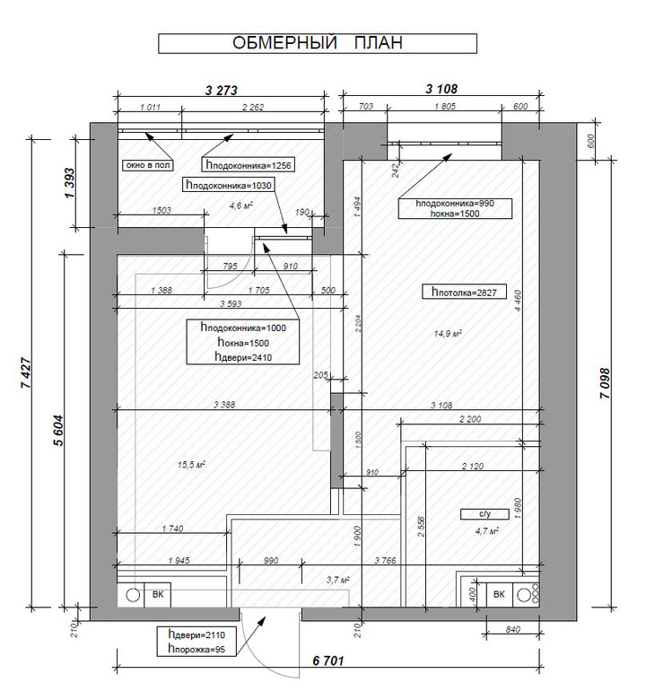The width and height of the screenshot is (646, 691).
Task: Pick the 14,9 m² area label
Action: [x=447, y=333]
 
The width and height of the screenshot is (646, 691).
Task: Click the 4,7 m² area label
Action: [x=485, y=530]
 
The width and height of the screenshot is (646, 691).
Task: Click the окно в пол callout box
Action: [x=148, y=165]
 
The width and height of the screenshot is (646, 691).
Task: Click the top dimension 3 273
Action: [x=223, y=89]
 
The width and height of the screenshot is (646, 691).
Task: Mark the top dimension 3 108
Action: [x=443, y=89]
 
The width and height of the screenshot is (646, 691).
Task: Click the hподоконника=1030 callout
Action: [x=228, y=184]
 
